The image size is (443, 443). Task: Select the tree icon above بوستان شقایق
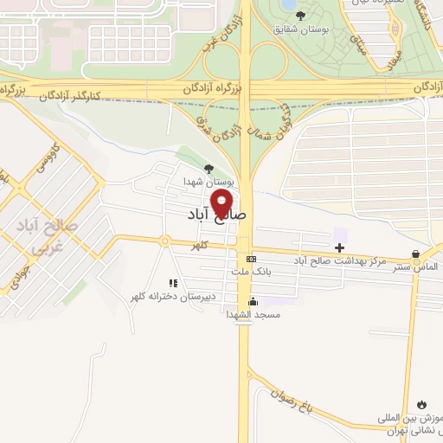coord(300,16)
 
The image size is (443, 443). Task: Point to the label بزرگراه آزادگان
coord(212,89)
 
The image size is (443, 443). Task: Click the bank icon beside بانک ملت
coord(251,259)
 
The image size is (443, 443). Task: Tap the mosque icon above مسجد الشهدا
coord(253,301)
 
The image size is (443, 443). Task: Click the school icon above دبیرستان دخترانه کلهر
coord(173,283)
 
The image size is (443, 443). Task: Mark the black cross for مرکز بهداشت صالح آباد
coord(340,247)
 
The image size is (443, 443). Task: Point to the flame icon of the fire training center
coord(421,404)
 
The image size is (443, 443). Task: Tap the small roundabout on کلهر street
coord(164,241)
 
